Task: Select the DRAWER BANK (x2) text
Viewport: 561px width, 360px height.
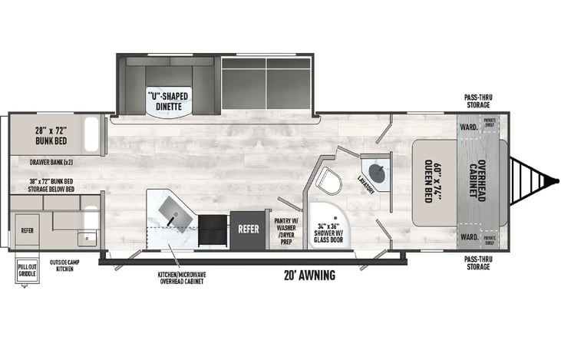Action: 51,162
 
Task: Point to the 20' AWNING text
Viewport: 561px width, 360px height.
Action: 310,276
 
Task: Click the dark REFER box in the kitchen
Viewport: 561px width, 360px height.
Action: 247,228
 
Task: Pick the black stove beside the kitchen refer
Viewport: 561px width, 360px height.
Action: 212,228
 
